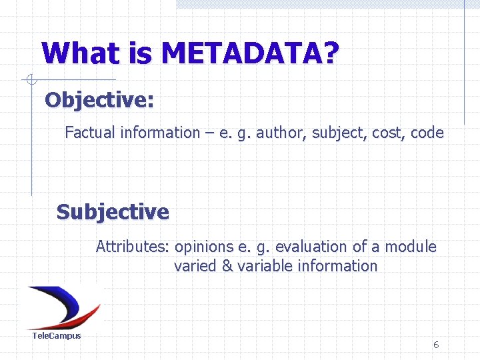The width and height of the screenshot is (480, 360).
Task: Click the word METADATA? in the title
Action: pos(250,53)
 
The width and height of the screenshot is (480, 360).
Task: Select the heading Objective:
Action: pos(99,100)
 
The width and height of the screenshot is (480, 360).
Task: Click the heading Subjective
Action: pos(113,212)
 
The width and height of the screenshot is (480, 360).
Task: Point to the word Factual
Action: pos(90,133)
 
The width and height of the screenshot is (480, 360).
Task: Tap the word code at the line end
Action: pos(427,133)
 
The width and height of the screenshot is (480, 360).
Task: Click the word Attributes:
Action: pos(133,247)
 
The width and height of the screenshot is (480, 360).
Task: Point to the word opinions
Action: pos(203,247)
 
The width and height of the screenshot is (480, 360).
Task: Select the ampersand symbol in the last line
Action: pos(227,266)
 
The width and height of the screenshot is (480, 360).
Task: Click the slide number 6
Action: pos(435,345)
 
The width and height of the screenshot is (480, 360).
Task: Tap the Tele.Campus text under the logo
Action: pos(57,335)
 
